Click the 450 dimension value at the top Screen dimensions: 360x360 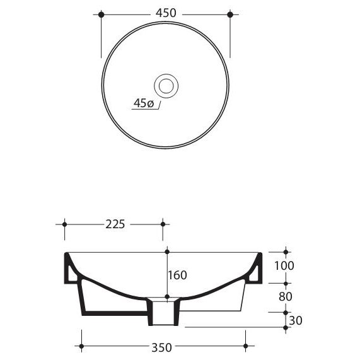click(x=166, y=13)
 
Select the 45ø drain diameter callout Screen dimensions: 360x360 click(x=144, y=103)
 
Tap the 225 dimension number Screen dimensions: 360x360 click(x=115, y=224)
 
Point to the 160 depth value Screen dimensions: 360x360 click(x=177, y=275)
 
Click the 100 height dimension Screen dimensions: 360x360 click(x=284, y=265)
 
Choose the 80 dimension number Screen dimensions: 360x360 click(x=286, y=296)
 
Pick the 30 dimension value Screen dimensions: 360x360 click(x=296, y=320)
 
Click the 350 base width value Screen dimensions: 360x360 click(x=161, y=347)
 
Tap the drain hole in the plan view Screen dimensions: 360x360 click(x=166, y=86)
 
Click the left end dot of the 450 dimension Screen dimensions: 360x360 click(x=101, y=15)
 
